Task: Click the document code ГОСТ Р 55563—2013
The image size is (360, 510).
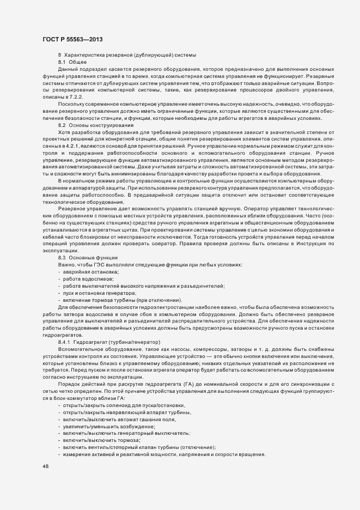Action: coord(71,40)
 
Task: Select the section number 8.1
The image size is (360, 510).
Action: coord(62,63)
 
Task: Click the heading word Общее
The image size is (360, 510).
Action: coord(77,63)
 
